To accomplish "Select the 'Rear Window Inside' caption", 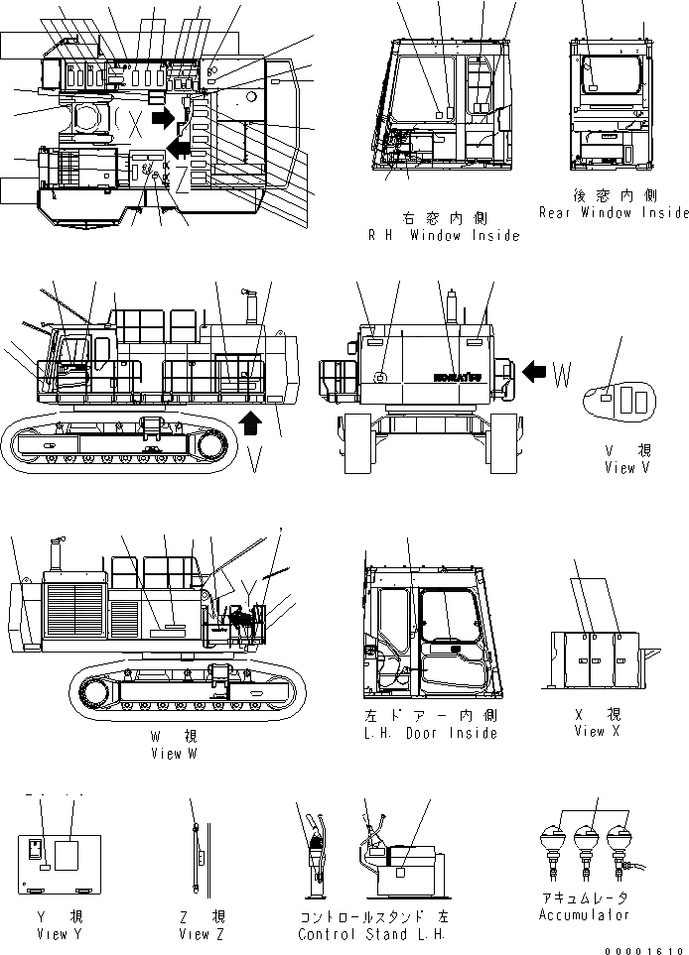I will [x=613, y=212].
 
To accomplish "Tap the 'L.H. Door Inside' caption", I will [x=431, y=733].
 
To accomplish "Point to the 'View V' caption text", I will [x=625, y=468].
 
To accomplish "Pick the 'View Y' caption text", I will [x=53, y=933].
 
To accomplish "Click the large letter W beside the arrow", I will [x=563, y=374].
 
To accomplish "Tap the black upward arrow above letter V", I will [x=252, y=424].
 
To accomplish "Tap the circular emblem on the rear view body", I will [x=380, y=378].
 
